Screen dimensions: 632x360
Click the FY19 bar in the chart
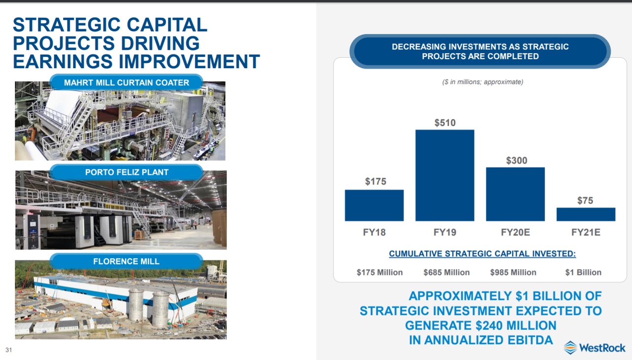pyautogui.click(x=445, y=175)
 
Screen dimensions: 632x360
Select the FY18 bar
pyautogui.click(x=374, y=205)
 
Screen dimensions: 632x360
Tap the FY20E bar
pyautogui.click(x=515, y=194)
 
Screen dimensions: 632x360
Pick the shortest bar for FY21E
pyautogui.click(x=586, y=214)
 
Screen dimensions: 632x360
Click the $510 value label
pyautogui.click(x=445, y=123)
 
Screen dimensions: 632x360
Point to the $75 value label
pyautogui.click(x=585, y=200)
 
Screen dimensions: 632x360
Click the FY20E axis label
pyautogui.click(x=515, y=232)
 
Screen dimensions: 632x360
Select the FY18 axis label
pyautogui.click(x=374, y=232)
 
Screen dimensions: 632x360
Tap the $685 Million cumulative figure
pyautogui.click(x=447, y=272)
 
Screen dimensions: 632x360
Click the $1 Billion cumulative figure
pyautogui.click(x=584, y=272)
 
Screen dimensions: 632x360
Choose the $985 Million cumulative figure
pyautogui.click(x=513, y=272)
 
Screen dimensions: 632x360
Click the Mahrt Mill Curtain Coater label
pyautogui.click(x=126, y=82)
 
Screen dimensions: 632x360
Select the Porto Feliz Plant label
pyautogui.click(x=127, y=172)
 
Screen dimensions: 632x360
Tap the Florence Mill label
pyautogui.click(x=126, y=261)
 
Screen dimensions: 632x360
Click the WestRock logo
pyautogui.click(x=594, y=348)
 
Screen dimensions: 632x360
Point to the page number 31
pyautogui.click(x=9, y=350)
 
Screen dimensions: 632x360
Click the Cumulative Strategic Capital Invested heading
pyautogui.click(x=482, y=254)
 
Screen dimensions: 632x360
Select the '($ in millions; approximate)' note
pyautogui.click(x=483, y=82)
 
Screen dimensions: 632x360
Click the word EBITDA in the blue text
pyautogui.click(x=530, y=340)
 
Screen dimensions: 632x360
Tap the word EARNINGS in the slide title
pyautogui.click(x=63, y=62)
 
